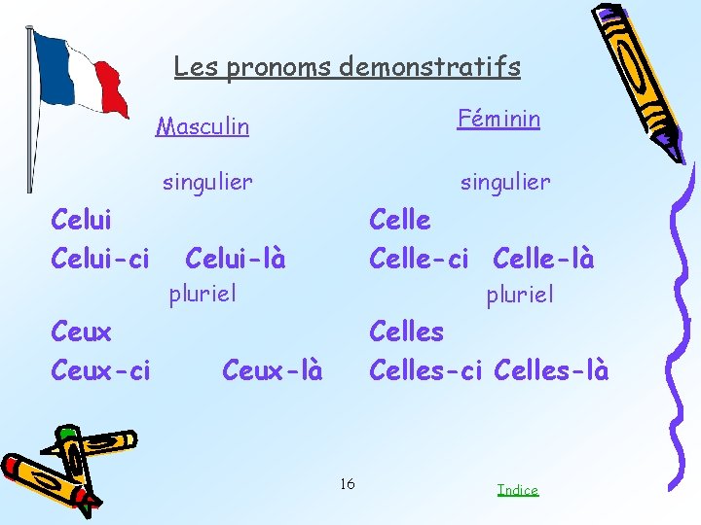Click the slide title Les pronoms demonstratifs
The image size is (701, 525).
(347, 66)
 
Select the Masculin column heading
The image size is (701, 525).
(203, 126)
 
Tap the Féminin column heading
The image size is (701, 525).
(498, 119)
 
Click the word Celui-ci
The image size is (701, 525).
(100, 260)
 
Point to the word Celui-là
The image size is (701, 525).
(235, 260)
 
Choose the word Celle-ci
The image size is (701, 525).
(419, 260)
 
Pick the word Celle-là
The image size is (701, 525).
(543, 260)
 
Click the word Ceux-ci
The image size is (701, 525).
(100, 370)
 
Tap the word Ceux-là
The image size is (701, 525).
(272, 370)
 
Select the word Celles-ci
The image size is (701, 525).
(425, 370)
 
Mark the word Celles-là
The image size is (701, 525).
(551, 370)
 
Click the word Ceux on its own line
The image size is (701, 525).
(81, 332)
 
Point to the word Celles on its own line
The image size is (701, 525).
(406, 332)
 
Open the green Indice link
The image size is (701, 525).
(517, 490)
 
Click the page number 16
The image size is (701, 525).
(348, 484)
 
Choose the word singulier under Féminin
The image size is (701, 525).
(505, 182)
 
